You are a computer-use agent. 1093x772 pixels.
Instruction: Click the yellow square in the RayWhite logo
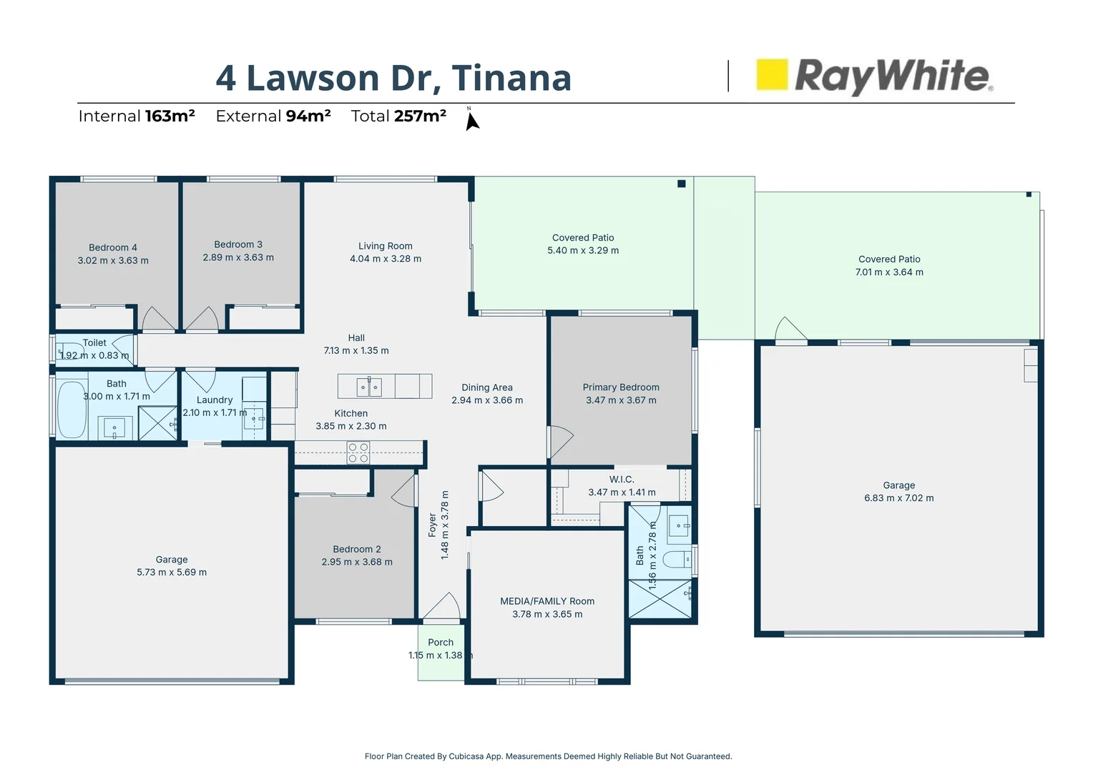pyautogui.click(x=772, y=74)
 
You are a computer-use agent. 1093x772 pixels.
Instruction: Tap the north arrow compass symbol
pyautogui.click(x=471, y=121)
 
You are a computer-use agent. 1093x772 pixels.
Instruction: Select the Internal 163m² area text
pyautogui.click(x=137, y=116)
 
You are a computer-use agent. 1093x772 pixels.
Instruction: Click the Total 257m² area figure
pyautogui.click(x=398, y=116)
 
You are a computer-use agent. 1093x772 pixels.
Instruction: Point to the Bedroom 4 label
pyautogui.click(x=113, y=247)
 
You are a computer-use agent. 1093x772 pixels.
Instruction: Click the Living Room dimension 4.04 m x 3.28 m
pyautogui.click(x=386, y=259)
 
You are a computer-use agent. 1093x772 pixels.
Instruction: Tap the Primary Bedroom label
pyautogui.click(x=621, y=387)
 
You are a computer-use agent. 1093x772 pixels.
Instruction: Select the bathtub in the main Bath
pyautogui.click(x=72, y=410)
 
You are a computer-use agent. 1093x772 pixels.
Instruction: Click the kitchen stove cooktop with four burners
pyautogui.click(x=358, y=453)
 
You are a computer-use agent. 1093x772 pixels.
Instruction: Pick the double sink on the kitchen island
pyautogui.click(x=369, y=387)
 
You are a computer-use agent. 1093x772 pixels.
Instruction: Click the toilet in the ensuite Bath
pyautogui.click(x=676, y=558)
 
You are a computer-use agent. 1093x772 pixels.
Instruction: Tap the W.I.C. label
pyautogui.click(x=622, y=479)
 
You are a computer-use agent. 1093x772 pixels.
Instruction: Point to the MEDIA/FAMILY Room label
pyautogui.click(x=547, y=601)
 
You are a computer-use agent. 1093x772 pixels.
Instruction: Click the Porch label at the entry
pyautogui.click(x=441, y=642)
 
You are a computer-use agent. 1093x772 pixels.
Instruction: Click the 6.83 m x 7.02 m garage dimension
pyautogui.click(x=898, y=498)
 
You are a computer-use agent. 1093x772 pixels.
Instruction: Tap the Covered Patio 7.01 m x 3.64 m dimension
pyautogui.click(x=889, y=272)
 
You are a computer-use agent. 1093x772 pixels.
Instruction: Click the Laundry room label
pyautogui.click(x=215, y=400)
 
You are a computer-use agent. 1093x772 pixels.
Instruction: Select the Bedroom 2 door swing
pyautogui.click(x=404, y=490)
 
